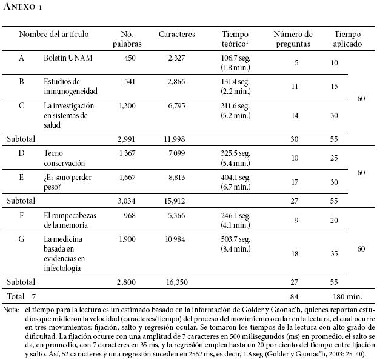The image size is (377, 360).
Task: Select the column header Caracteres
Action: [x=177, y=35]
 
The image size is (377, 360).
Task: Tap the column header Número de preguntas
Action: [x=293, y=39]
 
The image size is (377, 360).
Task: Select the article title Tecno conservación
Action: [x=64, y=158]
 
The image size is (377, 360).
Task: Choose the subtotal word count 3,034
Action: [x=130, y=200]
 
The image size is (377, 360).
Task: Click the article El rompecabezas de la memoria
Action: [x=70, y=219]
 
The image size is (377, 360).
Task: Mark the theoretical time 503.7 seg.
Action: [x=236, y=239]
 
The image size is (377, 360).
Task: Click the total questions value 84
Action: [x=295, y=296]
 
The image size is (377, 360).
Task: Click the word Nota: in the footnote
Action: [x=11, y=310]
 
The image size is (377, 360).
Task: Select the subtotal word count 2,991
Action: [x=130, y=138]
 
